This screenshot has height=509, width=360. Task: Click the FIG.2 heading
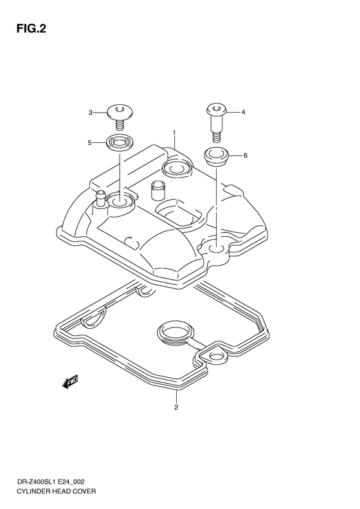point(31,29)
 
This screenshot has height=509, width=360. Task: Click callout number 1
point(174,133)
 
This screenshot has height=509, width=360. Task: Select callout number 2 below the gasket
point(176,407)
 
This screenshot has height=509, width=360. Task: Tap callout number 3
point(91,113)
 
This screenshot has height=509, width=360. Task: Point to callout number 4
point(243,113)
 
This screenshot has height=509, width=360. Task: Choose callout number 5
point(90,142)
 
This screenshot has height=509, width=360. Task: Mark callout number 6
point(246,156)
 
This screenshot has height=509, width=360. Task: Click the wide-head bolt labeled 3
point(119,116)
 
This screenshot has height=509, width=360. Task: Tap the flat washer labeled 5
point(119,143)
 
